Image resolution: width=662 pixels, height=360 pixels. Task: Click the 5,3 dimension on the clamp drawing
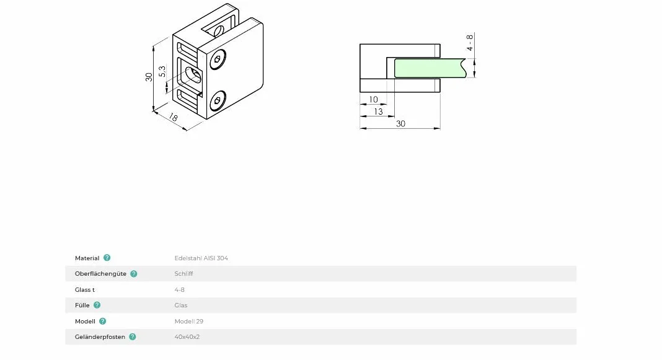coord(162,71)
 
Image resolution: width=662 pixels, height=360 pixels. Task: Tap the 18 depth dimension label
coord(173,117)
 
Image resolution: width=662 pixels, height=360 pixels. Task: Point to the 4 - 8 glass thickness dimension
coord(469,43)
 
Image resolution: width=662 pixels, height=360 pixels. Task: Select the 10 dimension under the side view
coord(373,100)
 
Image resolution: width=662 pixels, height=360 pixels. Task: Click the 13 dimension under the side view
coord(378,112)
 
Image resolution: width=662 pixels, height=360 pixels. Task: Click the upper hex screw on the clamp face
coord(218,59)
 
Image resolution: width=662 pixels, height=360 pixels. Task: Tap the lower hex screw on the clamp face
coord(217,100)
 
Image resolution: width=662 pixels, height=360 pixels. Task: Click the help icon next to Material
coord(107,257)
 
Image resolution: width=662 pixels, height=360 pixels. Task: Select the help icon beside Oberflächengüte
coord(134,273)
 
